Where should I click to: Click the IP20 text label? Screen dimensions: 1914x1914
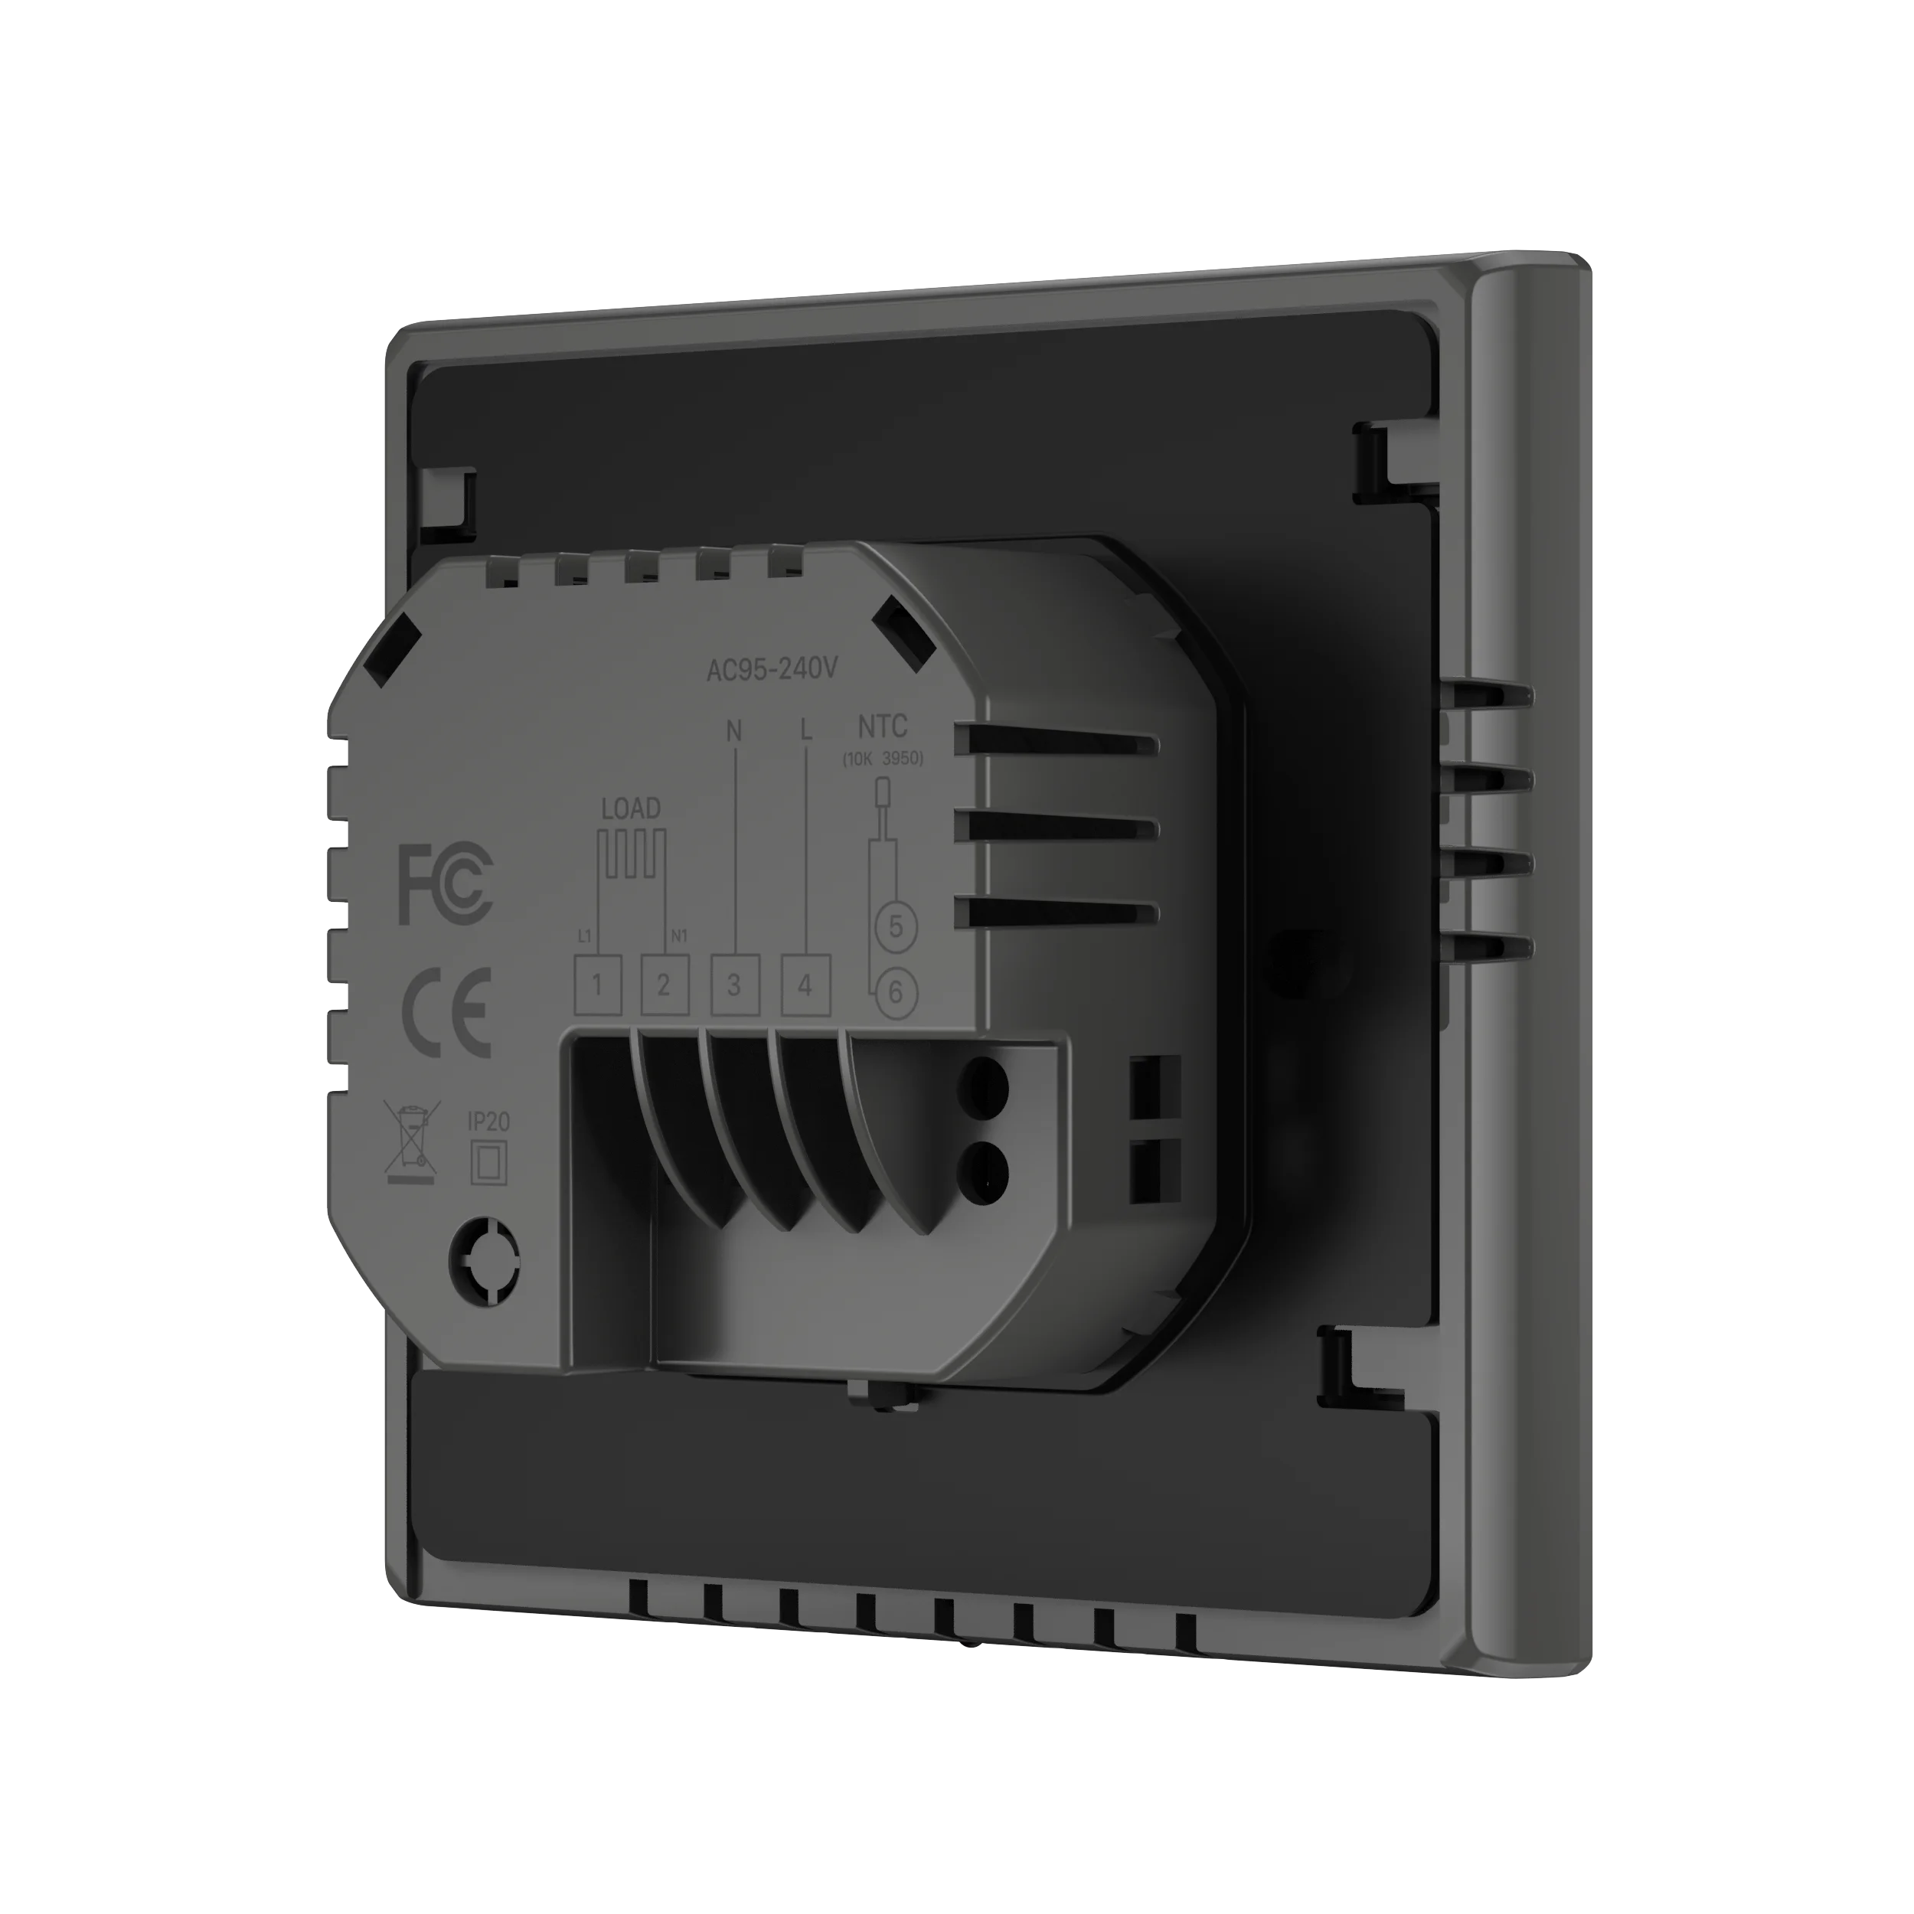(488, 1122)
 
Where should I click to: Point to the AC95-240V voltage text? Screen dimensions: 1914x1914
(772, 670)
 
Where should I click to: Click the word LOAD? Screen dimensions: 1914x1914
(630, 808)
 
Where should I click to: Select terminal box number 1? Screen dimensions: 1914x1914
(597, 985)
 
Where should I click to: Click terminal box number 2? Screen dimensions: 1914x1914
(664, 985)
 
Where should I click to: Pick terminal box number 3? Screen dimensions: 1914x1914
(734, 985)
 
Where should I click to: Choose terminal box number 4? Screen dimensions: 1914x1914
(805, 985)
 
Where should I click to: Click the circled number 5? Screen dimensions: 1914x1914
(896, 927)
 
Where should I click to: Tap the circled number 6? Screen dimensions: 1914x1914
(896, 991)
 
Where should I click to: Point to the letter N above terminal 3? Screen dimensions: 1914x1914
(734, 731)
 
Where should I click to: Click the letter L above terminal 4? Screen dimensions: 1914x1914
(806, 731)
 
